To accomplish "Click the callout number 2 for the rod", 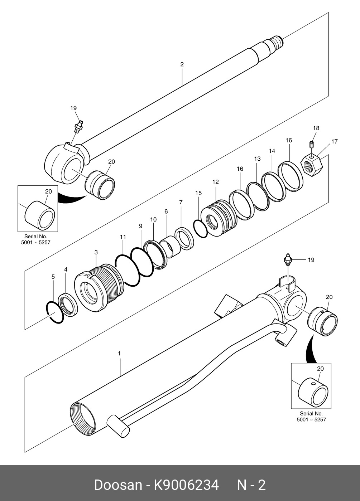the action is coord(182,64).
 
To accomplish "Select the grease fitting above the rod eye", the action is coord(78,127).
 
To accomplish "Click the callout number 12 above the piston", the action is coord(215,182).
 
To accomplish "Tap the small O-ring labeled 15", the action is coord(201,229).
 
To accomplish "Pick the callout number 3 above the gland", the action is coord(96,252).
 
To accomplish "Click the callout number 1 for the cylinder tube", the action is coord(119,354).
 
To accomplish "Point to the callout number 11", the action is coord(123,237).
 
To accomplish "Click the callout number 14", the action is coord(272,151).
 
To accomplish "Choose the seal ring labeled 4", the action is coord(68,305).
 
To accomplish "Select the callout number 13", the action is coord(257,159).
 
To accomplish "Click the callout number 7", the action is coord(181,202).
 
